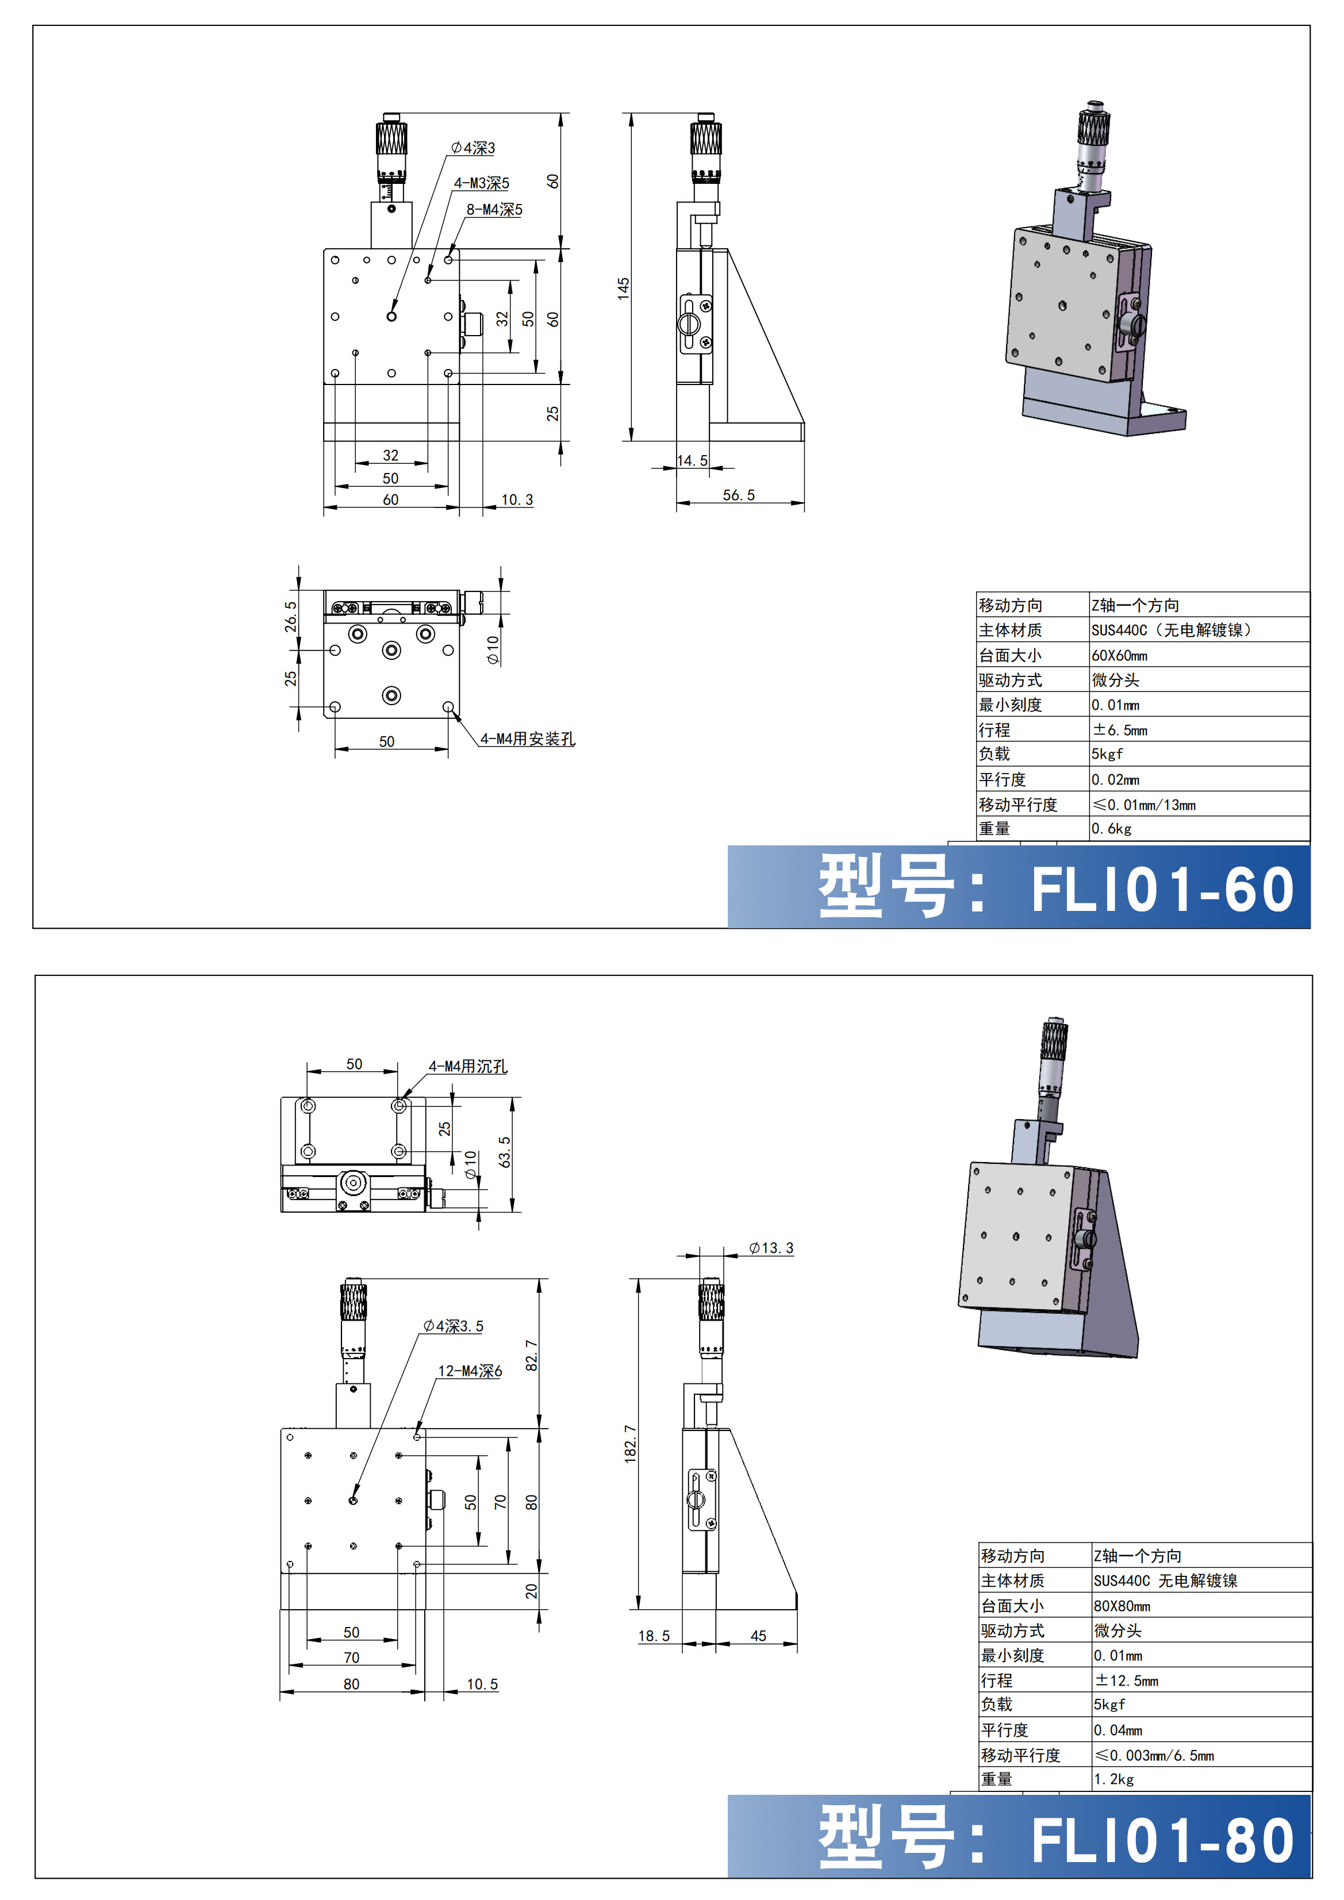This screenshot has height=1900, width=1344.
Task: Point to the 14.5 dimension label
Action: (x=692, y=460)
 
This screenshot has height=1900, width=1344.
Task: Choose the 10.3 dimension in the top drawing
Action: (x=517, y=500)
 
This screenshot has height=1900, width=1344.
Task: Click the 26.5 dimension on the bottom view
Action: (x=290, y=617)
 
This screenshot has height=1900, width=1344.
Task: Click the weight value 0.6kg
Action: (x=1111, y=828)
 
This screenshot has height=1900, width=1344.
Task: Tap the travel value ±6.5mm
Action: (x=1120, y=730)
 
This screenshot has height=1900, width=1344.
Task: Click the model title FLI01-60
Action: (x=1163, y=890)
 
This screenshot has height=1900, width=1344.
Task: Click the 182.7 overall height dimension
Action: (x=631, y=1443)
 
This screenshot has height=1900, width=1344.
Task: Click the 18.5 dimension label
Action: (x=654, y=1636)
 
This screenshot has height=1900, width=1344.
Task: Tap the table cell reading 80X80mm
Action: (x=1122, y=1606)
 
